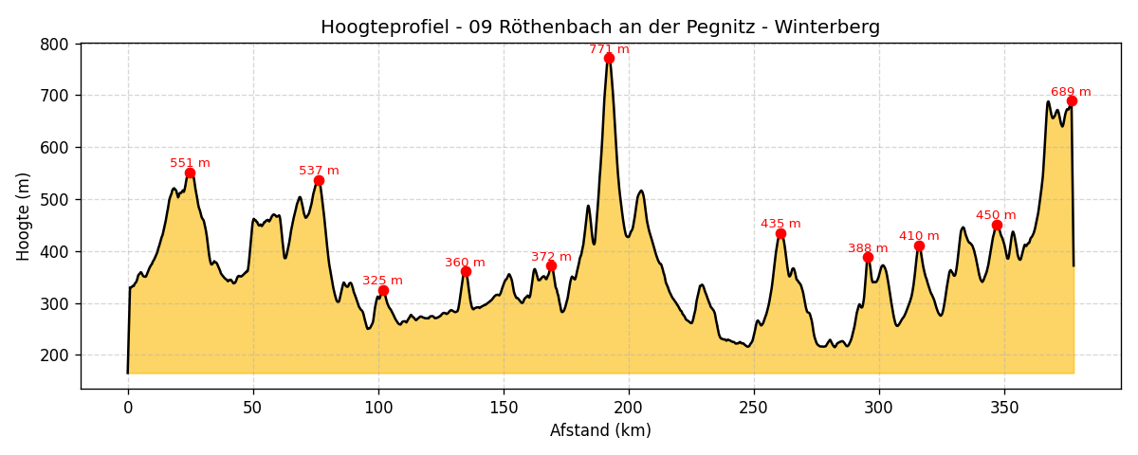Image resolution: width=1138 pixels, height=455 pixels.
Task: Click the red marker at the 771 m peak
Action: (x=609, y=58)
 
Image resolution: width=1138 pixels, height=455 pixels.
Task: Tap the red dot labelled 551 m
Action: (x=190, y=173)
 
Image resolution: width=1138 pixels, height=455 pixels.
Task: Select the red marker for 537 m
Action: (x=319, y=180)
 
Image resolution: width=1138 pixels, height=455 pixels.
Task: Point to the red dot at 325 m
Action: (x=383, y=290)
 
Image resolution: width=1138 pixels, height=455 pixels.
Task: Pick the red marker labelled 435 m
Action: (x=780, y=233)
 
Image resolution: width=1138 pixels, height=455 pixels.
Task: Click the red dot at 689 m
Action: (x=1072, y=100)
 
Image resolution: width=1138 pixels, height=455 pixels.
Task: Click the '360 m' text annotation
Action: (x=465, y=263)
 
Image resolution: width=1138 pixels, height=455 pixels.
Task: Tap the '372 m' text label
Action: (x=551, y=257)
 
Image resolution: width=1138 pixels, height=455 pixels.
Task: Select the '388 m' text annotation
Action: (x=868, y=248)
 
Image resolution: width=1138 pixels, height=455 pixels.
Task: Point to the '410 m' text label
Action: (x=919, y=236)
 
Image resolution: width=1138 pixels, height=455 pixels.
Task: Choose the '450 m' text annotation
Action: (x=996, y=215)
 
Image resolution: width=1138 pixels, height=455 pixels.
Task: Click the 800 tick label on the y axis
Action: (x=55, y=44)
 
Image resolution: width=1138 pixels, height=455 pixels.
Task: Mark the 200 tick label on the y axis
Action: (x=55, y=355)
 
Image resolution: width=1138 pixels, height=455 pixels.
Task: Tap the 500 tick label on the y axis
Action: (x=55, y=200)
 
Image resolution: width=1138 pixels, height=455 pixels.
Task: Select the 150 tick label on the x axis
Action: (x=504, y=408)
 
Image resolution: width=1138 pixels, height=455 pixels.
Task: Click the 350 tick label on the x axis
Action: (x=1004, y=408)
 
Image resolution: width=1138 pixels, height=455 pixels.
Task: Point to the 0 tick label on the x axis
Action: (x=128, y=408)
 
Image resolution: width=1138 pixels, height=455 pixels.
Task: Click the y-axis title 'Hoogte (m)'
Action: (x=24, y=216)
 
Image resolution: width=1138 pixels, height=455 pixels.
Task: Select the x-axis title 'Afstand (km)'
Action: (x=600, y=430)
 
